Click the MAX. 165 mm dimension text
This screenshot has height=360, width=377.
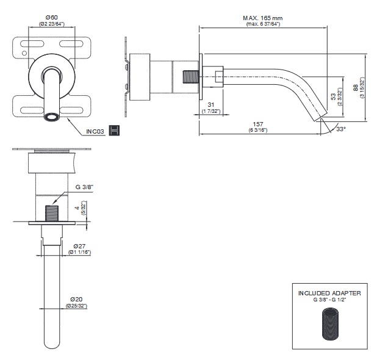262,18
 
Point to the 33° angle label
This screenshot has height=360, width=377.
340,129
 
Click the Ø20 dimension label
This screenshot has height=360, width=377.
77,298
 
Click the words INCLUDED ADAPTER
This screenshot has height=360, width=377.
329,293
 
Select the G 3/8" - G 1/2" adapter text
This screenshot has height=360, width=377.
329,300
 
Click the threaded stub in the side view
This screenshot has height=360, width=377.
192,78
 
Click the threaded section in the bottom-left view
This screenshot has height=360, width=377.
52,213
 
